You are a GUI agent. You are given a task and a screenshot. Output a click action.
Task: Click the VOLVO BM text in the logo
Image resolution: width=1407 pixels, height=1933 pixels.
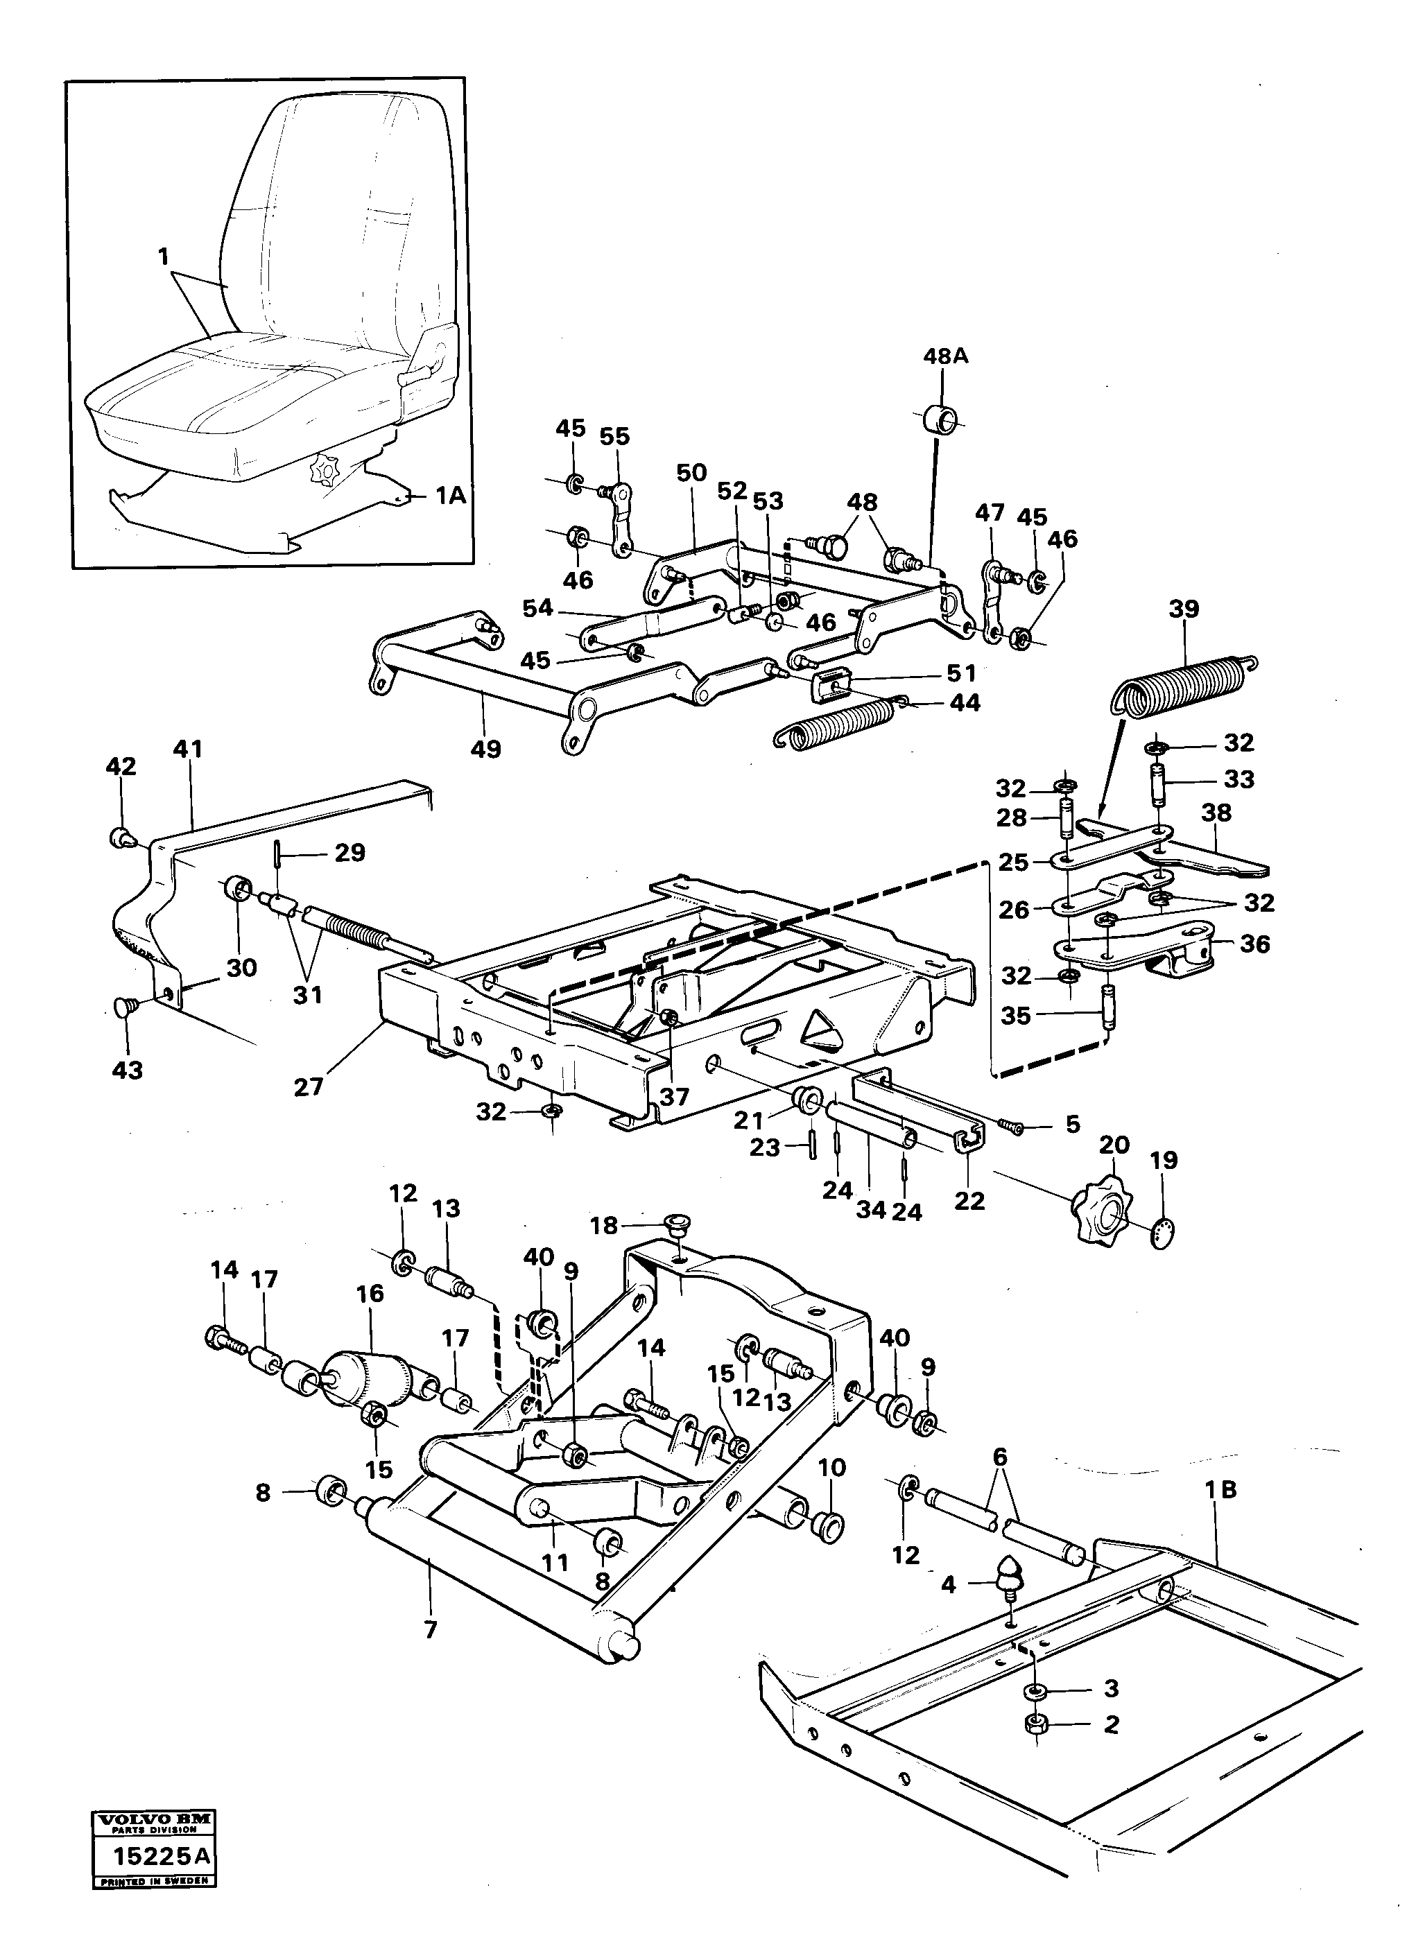pyautogui.click(x=153, y=1817)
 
